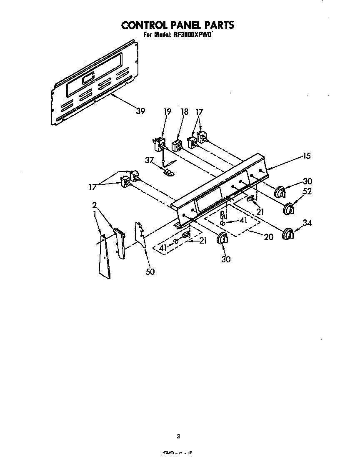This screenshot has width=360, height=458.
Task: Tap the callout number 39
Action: point(141,111)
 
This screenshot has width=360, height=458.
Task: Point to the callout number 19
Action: point(167,112)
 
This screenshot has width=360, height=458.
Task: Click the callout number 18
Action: point(185,112)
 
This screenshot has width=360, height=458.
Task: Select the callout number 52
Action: point(308,192)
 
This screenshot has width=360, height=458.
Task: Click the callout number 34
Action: point(307,223)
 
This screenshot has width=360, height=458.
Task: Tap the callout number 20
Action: point(269,237)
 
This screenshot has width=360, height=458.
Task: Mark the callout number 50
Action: point(150,272)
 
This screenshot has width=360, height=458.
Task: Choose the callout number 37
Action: point(150,160)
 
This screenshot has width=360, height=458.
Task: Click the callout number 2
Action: point(95,205)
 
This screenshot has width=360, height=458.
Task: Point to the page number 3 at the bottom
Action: point(178,437)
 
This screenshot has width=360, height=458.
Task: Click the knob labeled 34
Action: point(287,234)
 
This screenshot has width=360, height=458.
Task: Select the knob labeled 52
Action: point(288,209)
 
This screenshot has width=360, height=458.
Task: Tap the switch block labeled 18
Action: point(177,145)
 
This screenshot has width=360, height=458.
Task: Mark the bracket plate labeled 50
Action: point(141,236)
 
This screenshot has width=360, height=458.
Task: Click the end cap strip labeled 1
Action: point(105,257)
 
